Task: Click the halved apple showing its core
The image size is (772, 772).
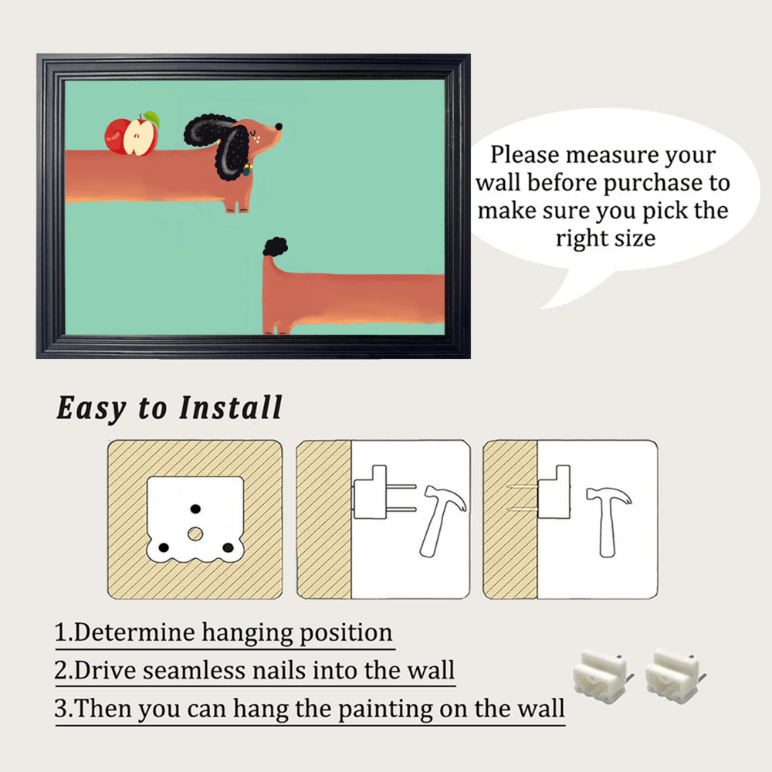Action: [141, 137]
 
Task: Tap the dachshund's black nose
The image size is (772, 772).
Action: [279, 127]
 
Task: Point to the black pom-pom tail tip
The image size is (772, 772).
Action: [276, 246]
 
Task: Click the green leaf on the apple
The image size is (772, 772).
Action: [152, 118]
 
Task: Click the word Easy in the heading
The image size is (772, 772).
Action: [92, 408]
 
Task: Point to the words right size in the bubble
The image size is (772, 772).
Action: [605, 239]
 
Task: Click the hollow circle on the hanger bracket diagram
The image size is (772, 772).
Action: [195, 533]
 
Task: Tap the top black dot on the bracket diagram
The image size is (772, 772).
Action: [195, 509]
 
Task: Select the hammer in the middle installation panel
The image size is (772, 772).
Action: [442, 520]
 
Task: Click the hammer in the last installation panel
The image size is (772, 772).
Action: [608, 521]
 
